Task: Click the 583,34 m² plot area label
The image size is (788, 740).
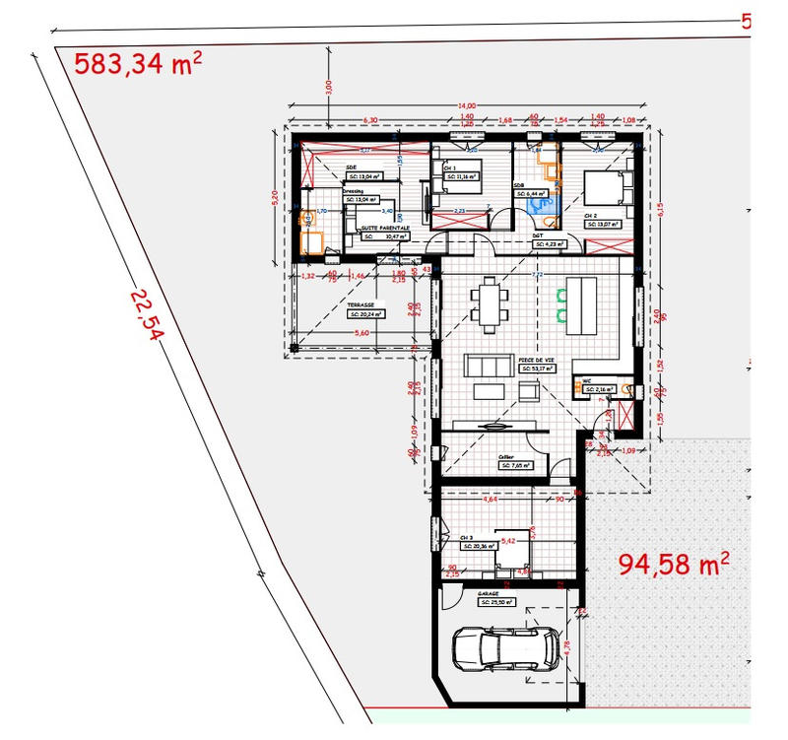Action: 139,65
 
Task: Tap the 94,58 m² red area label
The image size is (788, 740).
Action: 674,564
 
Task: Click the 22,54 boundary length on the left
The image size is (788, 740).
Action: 145,314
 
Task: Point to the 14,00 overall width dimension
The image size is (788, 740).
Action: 466,105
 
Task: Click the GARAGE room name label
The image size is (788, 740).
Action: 490,594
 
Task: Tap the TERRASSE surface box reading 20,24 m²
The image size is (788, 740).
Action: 366,316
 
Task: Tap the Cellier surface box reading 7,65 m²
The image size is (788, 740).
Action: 514,465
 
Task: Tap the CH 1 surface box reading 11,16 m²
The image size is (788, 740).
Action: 462,175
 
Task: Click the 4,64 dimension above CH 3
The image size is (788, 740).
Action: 489,500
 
